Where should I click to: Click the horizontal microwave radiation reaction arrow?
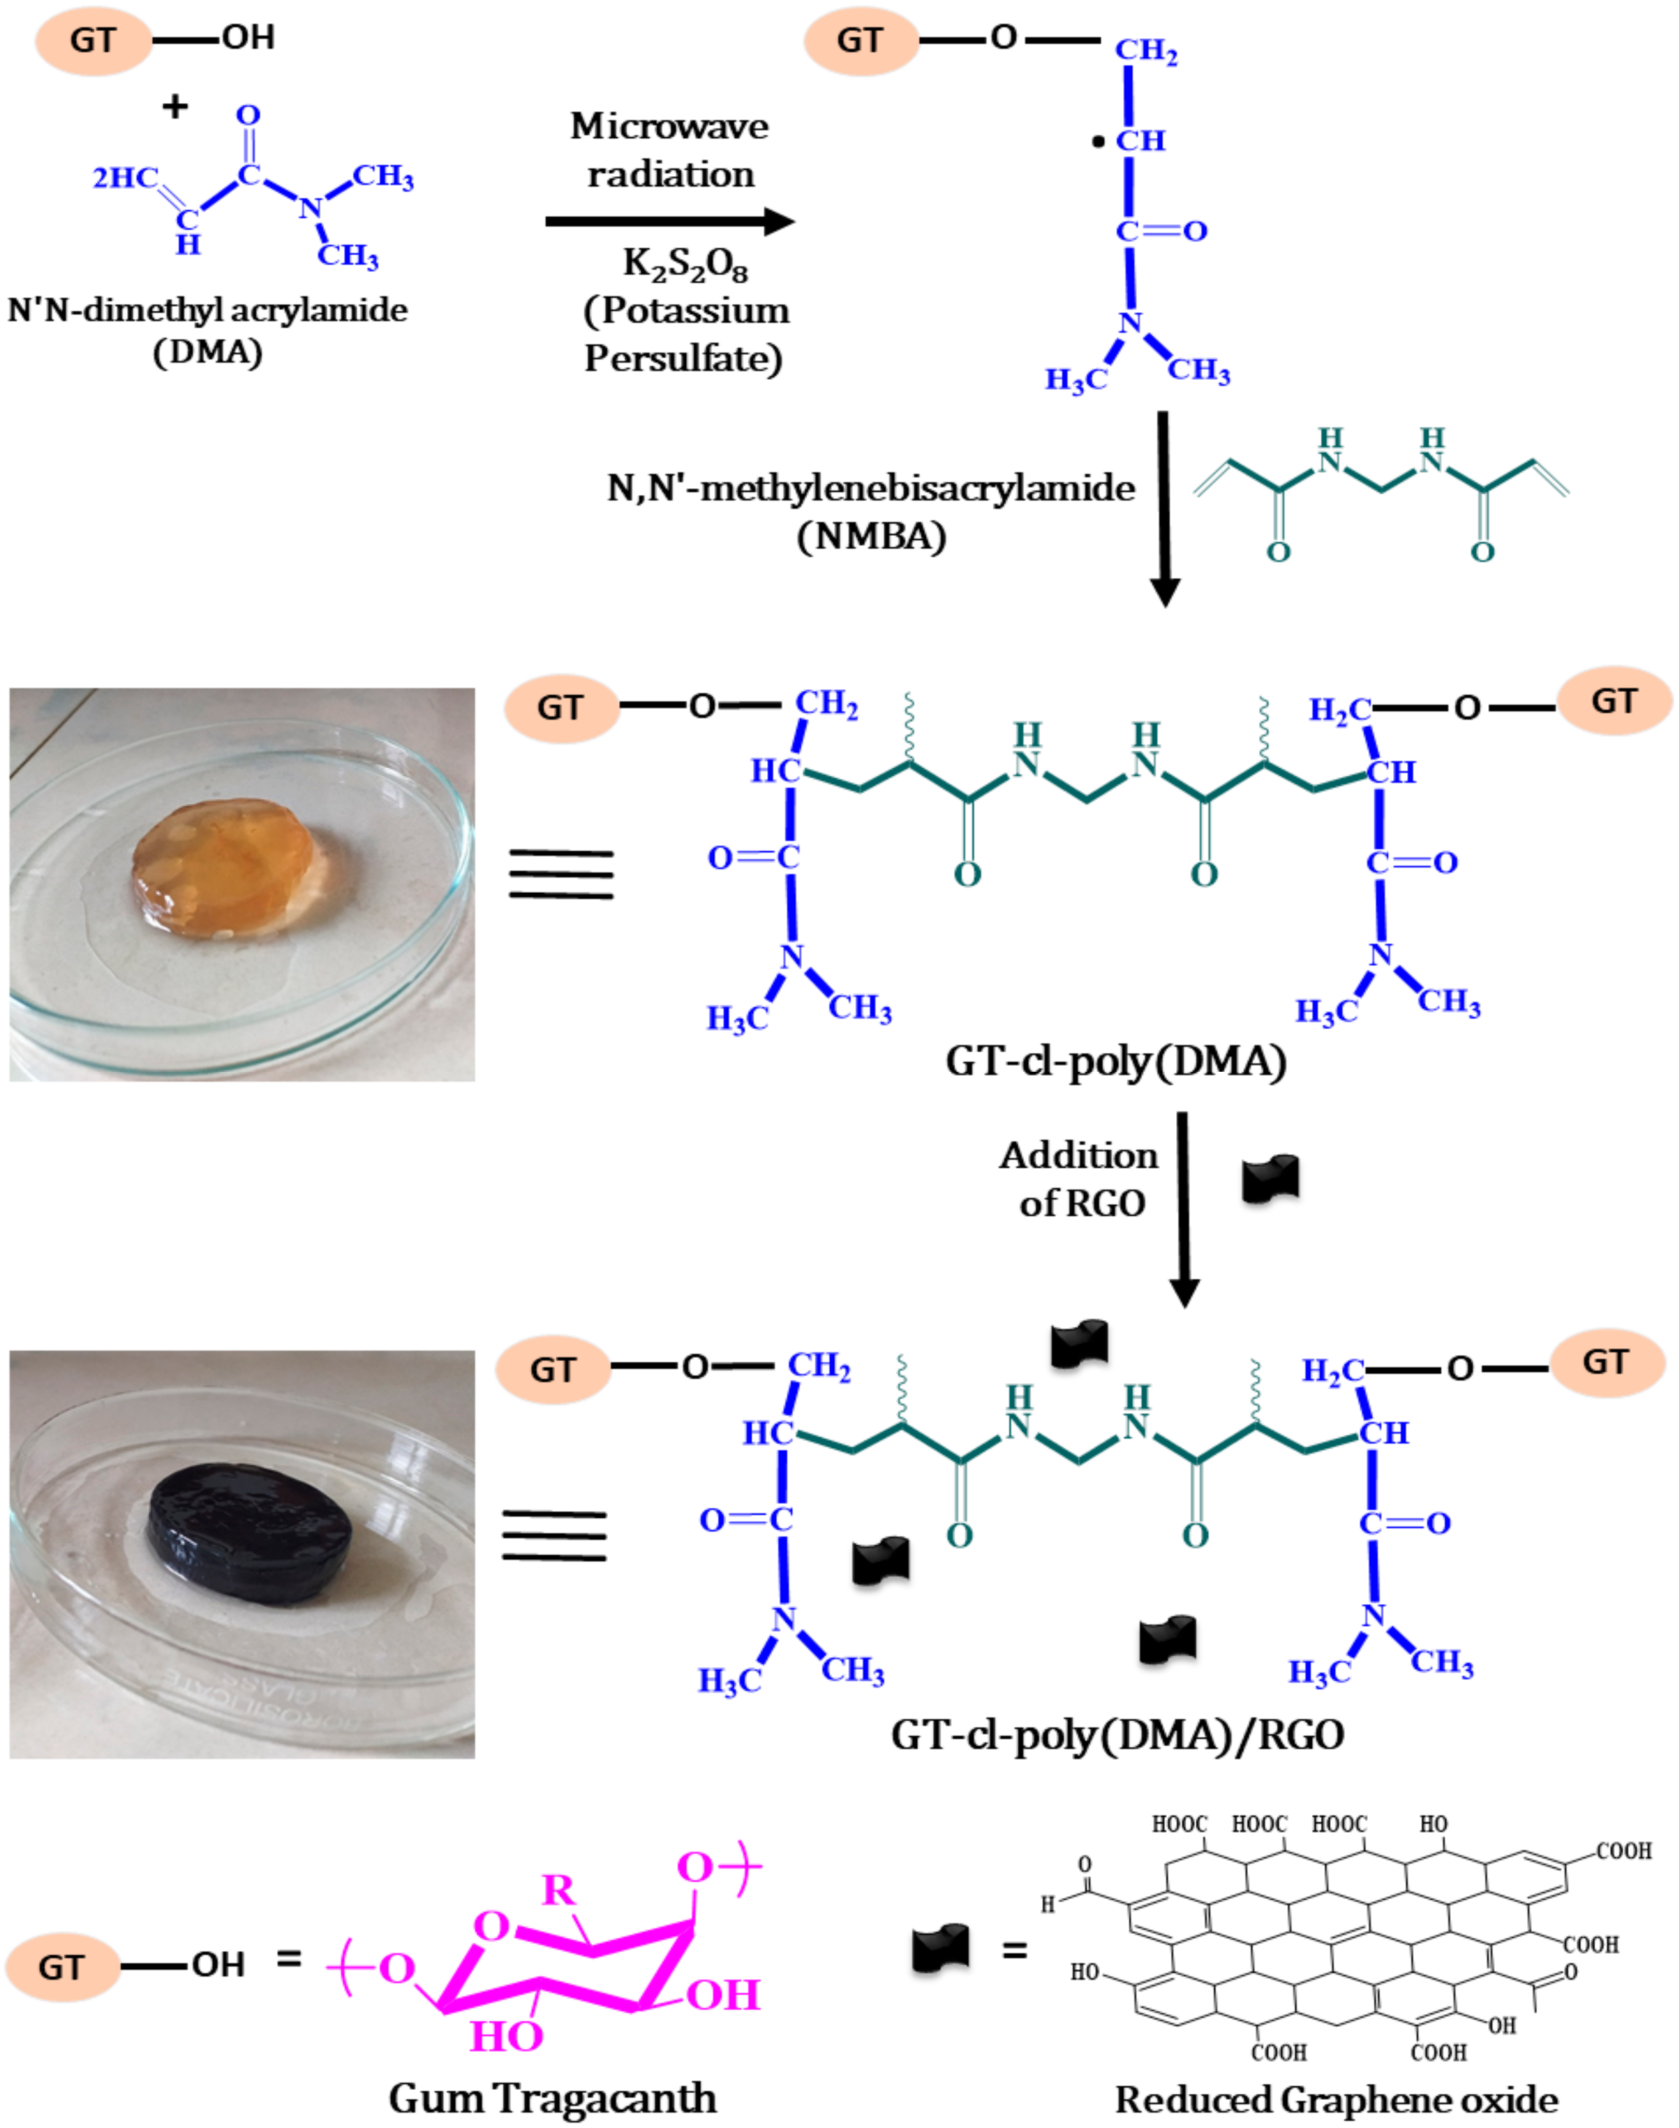pyautogui.click(x=669, y=221)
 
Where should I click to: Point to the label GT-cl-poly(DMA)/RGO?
pyautogui.click(x=1117, y=1735)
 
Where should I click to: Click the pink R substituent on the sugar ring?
pyautogui.click(x=558, y=1888)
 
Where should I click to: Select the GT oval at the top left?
pyautogui.click(x=93, y=40)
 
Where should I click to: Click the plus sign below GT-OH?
pyautogui.click(x=175, y=107)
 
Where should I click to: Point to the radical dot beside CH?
pyautogui.click(x=1098, y=143)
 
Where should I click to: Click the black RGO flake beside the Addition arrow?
pyautogui.click(x=1271, y=1179)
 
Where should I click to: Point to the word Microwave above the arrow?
pyautogui.click(x=669, y=126)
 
